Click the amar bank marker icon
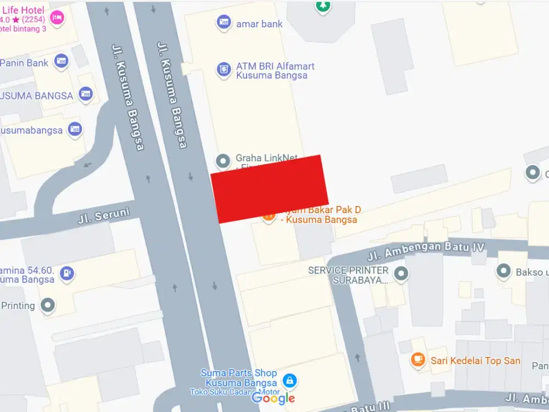223,23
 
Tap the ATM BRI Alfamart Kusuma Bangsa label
275,71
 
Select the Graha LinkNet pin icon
223,162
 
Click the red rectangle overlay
270,188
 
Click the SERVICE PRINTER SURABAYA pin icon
402,272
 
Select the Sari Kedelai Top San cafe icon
418,360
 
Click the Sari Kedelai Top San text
475,361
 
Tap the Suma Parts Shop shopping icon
289,380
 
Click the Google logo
273,398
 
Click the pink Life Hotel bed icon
57,18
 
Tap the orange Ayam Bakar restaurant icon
268,217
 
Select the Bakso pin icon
503,271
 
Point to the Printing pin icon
48,305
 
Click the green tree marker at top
323,5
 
